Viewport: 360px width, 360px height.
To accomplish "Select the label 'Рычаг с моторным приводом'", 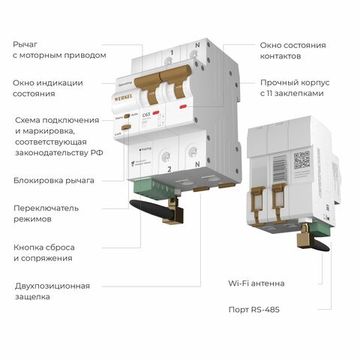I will (56, 52).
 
